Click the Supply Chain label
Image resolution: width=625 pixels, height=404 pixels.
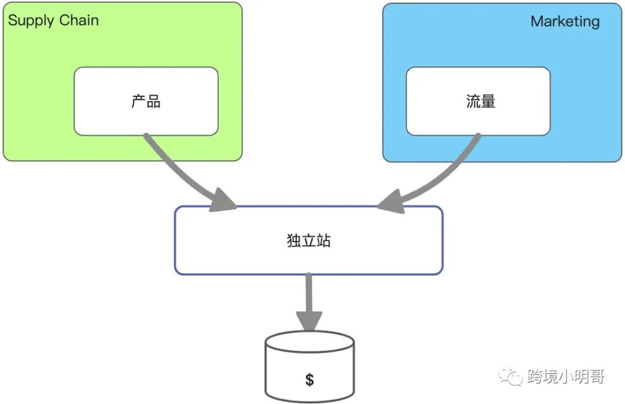[x=53, y=21]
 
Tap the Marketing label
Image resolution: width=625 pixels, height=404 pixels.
[x=565, y=22]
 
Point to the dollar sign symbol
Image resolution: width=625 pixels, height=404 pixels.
[x=310, y=380]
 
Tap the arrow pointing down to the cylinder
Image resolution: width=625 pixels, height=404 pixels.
[x=309, y=295]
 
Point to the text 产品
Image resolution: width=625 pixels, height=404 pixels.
[x=146, y=102]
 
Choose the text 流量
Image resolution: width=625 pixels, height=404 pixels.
[x=481, y=102]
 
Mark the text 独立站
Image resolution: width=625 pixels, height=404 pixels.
[x=308, y=240]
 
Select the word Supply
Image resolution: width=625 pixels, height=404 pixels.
[x=31, y=21]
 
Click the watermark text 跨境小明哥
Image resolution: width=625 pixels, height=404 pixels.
[x=565, y=377]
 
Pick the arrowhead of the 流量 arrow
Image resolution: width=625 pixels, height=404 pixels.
[x=391, y=202]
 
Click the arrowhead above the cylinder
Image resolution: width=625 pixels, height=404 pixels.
[x=309, y=320]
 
